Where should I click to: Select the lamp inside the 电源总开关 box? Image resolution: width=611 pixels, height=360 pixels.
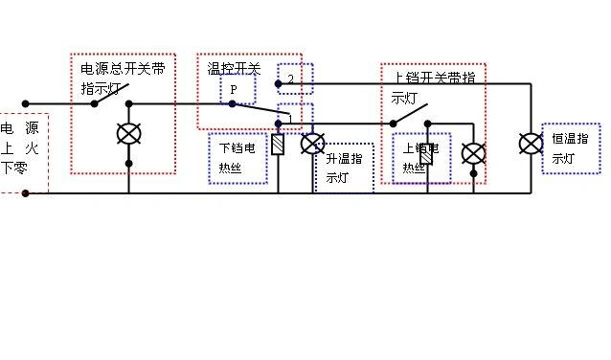[128, 134]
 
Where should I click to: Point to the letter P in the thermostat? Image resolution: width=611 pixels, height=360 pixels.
[233, 89]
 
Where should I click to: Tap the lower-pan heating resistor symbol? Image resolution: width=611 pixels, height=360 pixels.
[278, 146]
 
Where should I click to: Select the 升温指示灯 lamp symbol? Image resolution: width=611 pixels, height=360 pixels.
[313, 144]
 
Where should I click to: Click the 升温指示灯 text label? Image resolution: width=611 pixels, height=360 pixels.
[344, 168]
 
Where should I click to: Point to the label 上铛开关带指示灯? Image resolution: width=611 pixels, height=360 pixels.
[434, 86]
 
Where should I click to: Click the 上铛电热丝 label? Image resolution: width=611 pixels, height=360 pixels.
[421, 157]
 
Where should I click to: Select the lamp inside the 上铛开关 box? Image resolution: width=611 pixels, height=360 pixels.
[473, 153]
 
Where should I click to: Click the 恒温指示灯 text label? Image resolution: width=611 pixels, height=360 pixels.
[571, 148]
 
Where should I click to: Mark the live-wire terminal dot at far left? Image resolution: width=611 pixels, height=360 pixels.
[26, 103]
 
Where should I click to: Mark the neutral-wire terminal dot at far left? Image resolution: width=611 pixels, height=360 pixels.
[26, 192]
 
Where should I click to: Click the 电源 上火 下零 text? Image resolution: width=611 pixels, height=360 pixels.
[21, 148]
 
